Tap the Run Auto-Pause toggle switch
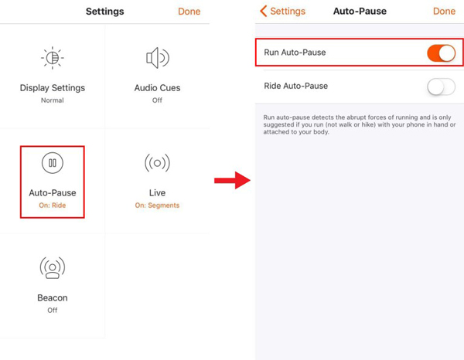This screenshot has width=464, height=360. coord(441,53)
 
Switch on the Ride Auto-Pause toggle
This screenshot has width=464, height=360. coord(441,87)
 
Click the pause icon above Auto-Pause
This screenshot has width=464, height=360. coord(53,162)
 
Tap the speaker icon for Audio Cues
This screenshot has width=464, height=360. coord(158,58)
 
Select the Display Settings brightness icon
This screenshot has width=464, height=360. coord(53,58)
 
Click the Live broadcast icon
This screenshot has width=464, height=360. coord(158,162)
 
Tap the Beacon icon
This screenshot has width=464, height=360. coord(53,268)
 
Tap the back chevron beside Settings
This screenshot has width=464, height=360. coord(264,12)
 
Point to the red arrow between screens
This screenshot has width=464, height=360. coord(232,180)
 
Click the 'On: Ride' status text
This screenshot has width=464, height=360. coord(53,205)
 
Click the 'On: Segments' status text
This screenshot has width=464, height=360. coord(157,205)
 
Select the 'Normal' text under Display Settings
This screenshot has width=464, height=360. coord(53,100)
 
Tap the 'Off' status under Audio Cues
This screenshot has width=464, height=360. coord(157,100)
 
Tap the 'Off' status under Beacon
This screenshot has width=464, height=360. coord(53,310)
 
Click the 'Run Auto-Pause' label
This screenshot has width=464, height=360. coord(295,53)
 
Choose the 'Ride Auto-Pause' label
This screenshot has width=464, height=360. coord(296,86)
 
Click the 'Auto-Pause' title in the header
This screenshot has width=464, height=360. coord(360,12)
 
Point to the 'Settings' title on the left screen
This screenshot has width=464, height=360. coord(104,12)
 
